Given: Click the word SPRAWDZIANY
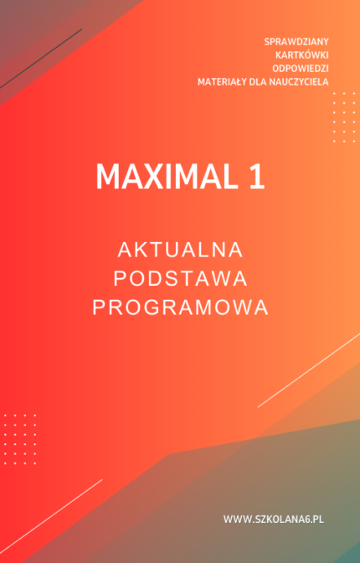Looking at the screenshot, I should click(296, 41).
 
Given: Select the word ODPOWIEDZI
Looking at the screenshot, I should click(301, 68).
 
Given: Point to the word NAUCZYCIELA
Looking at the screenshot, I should click(301, 81).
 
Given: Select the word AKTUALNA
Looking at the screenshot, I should click(180, 250).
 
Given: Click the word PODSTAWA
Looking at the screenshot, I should click(180, 278).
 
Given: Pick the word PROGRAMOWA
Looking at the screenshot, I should click(180, 307).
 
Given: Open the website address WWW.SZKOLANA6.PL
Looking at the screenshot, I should click(273, 519).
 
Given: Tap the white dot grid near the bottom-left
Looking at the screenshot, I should click(19, 438).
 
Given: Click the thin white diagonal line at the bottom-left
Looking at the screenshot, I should click(50, 511).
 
